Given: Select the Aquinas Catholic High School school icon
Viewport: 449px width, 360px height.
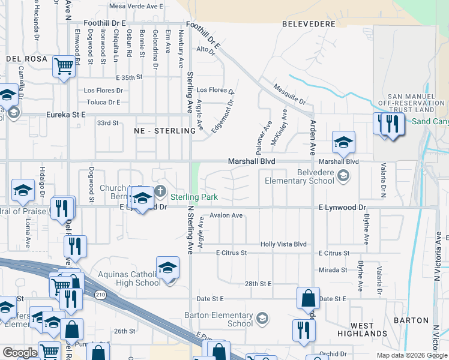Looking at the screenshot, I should (x=168, y=268).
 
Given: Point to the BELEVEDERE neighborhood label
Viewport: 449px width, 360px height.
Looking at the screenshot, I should (x=308, y=23).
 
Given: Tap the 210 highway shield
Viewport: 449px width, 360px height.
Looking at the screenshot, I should (x=100, y=293).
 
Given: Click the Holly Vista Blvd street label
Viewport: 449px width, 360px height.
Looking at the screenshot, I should (x=283, y=244).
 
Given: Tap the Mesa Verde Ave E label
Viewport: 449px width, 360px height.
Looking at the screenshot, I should (x=136, y=6).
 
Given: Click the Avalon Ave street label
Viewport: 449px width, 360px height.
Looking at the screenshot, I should (x=226, y=215).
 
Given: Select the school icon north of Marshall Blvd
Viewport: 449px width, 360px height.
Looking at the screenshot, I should (x=343, y=143).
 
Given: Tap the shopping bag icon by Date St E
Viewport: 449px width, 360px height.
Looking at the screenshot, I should (x=308, y=298).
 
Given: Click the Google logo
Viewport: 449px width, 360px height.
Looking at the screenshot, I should (x=19, y=353).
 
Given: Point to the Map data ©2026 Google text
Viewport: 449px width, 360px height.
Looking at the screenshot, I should (x=411, y=355).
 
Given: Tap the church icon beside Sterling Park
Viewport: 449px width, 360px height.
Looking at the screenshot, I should (x=160, y=191).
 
